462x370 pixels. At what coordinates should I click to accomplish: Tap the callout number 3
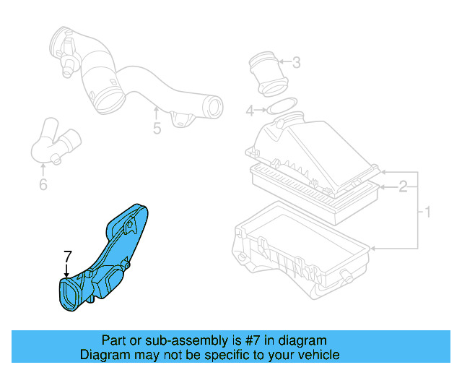(296, 64)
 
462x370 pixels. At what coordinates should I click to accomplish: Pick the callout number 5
(157, 130)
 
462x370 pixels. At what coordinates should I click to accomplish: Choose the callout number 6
(43, 186)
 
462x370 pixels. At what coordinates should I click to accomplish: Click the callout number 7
(67, 256)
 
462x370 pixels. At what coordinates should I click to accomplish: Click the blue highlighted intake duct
(115, 253)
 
